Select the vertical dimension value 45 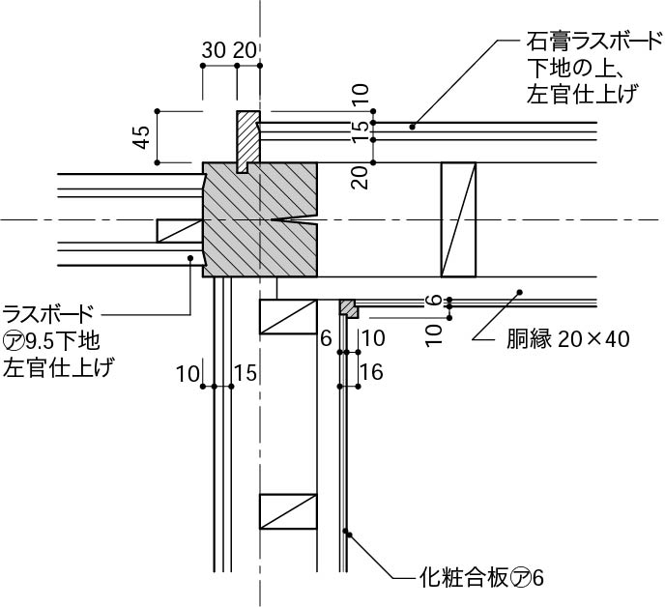tap(142, 137)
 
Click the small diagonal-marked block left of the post tap(179, 230)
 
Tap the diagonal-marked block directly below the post tap(288, 317)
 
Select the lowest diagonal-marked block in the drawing tap(288, 511)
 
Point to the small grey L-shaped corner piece tap(348, 308)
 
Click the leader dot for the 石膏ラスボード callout tap(412, 126)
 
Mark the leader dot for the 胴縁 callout tap(519, 290)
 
